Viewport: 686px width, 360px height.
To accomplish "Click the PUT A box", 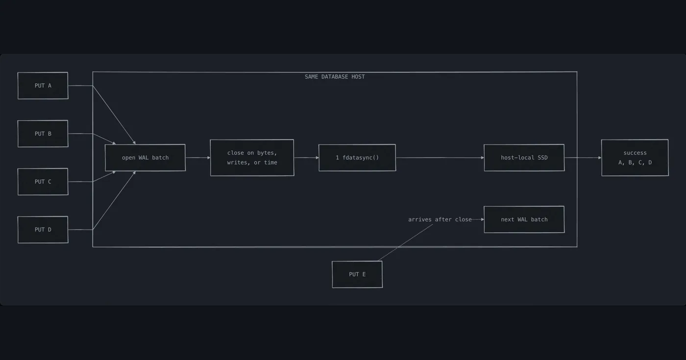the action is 43,86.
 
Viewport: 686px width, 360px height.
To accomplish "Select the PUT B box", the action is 43,134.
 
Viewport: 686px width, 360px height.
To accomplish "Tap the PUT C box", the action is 43,182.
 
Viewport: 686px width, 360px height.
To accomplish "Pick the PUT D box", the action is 43,230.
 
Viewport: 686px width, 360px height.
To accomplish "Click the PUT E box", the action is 357,274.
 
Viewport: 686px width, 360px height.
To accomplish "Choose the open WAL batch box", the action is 145,158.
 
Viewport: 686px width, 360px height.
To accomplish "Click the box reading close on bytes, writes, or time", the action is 252,158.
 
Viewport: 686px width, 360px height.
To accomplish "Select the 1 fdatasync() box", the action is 357,158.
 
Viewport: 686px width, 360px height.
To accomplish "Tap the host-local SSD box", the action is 524,158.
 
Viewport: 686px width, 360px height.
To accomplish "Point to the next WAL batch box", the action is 524,219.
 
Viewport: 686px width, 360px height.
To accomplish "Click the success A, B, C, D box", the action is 635,158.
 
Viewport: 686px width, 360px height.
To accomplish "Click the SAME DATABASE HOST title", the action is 335,77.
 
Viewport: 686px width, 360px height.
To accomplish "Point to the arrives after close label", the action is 440,219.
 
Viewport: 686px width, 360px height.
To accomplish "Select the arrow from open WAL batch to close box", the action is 198,158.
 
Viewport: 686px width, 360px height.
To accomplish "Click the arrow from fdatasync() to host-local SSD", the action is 440,158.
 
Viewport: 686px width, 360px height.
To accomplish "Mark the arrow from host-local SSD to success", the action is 583,158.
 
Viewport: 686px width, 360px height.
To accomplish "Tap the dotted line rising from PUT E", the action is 406,242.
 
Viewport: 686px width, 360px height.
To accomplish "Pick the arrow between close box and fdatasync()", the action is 306,158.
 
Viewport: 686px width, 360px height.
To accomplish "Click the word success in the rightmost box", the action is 635,153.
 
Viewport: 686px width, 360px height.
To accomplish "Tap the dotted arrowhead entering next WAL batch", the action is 482,219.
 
